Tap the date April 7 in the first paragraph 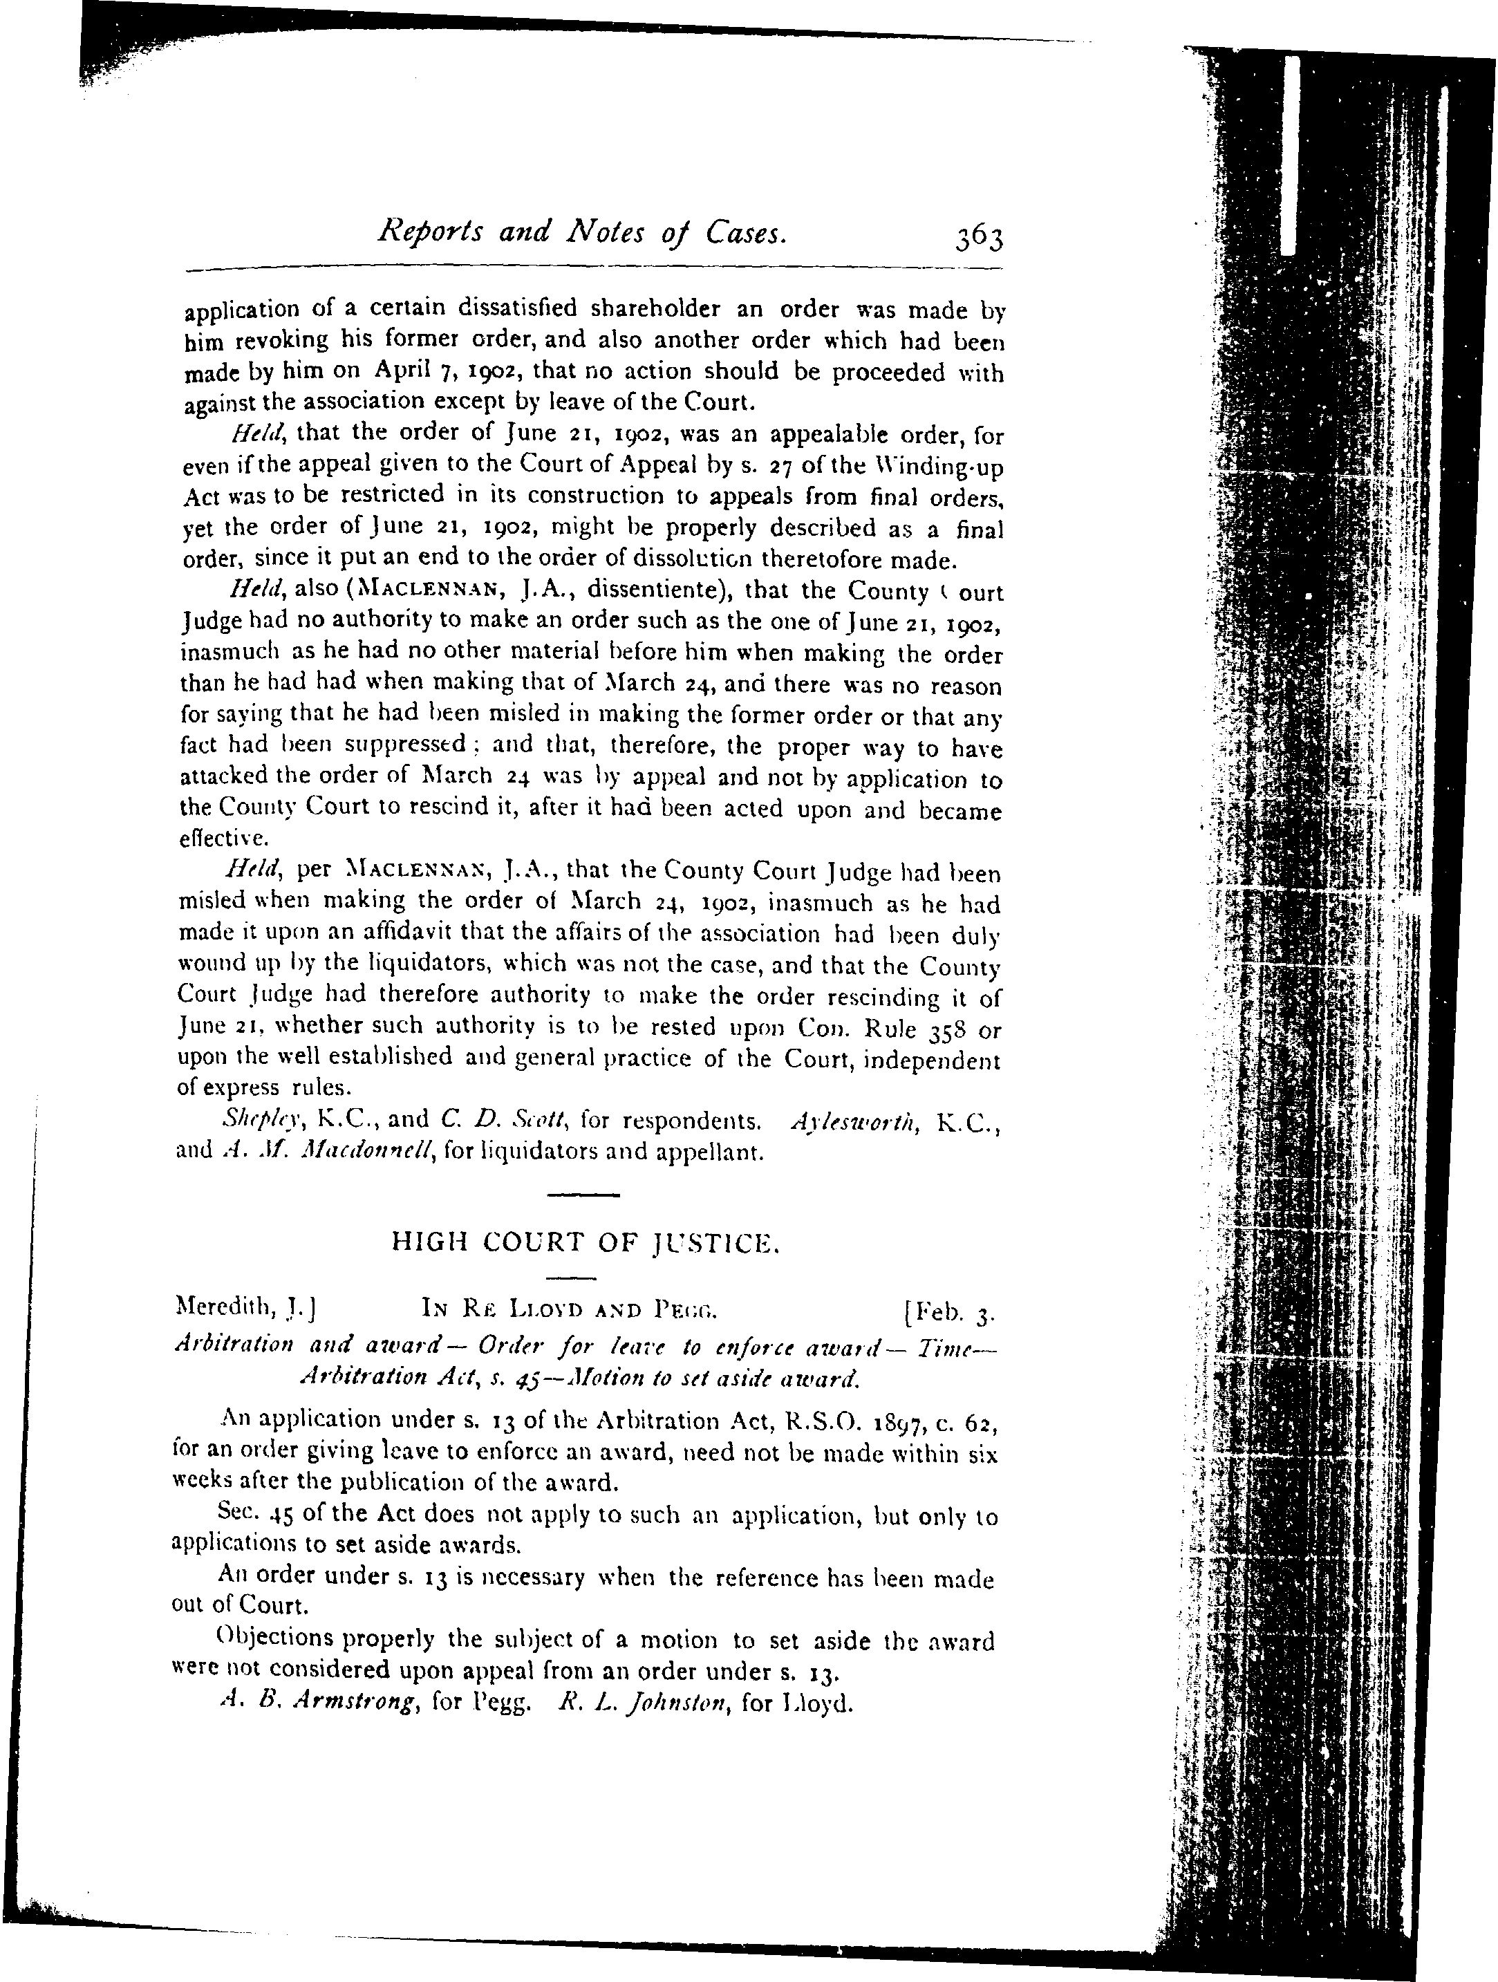tap(409, 370)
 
